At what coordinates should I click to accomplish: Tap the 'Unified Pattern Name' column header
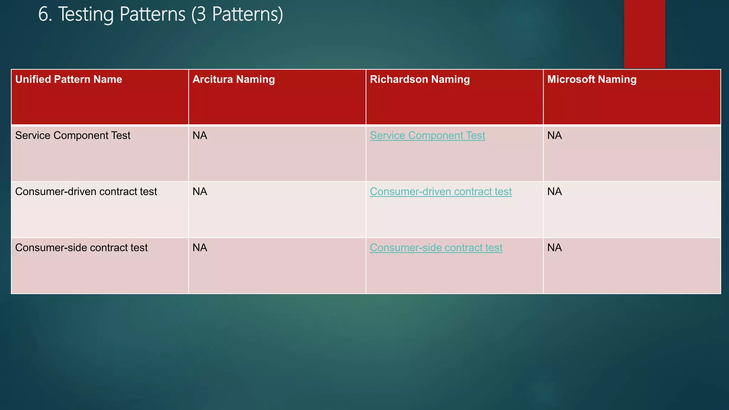click(69, 79)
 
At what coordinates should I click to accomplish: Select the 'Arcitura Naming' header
click(234, 79)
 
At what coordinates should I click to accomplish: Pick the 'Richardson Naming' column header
click(420, 79)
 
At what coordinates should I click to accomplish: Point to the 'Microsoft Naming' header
click(592, 79)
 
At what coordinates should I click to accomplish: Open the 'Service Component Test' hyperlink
click(427, 136)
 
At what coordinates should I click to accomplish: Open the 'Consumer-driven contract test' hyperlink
click(441, 192)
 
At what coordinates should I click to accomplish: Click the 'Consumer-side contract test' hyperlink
click(436, 248)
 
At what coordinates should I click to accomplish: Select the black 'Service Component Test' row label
click(73, 136)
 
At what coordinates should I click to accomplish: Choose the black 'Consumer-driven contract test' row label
click(86, 192)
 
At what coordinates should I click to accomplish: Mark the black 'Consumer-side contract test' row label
click(82, 248)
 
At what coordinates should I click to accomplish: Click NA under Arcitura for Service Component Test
click(200, 136)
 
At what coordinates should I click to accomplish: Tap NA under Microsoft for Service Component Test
click(555, 136)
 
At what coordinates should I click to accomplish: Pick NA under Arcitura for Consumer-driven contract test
click(200, 192)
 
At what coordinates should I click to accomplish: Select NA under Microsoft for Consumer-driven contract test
click(555, 192)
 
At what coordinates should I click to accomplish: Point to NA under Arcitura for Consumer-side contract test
click(200, 248)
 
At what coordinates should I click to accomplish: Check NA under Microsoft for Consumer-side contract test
click(555, 248)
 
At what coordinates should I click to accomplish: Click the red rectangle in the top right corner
click(644, 34)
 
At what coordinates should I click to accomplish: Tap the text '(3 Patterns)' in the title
click(237, 15)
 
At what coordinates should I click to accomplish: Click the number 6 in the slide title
click(43, 15)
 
